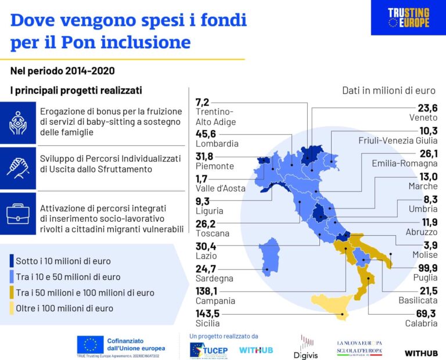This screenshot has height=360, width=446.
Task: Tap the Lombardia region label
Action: (217, 143)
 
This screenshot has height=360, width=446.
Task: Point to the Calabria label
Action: (422, 323)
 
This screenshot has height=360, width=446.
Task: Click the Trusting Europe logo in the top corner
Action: (408, 17)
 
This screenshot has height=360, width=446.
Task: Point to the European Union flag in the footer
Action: (90, 345)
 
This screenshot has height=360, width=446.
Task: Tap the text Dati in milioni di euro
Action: (389, 91)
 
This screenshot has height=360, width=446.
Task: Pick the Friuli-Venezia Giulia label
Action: (398, 141)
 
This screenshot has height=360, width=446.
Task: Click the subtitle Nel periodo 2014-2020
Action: (62, 71)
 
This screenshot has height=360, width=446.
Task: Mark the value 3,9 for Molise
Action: (430, 244)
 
